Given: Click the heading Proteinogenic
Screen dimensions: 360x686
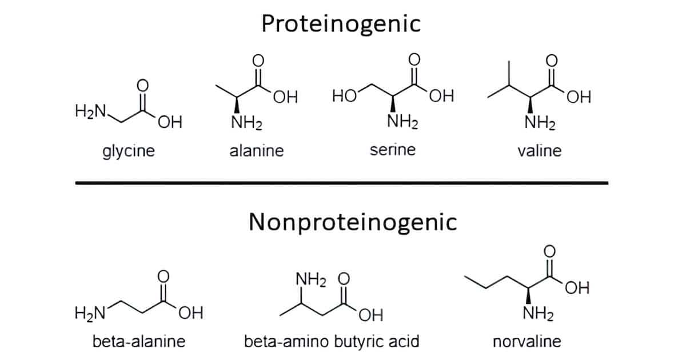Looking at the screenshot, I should (x=341, y=24).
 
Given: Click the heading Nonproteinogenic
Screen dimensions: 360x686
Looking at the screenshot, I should (x=353, y=222).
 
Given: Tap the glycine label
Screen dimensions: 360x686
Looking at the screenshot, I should (x=129, y=151).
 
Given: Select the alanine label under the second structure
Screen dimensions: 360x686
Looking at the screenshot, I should (x=257, y=151).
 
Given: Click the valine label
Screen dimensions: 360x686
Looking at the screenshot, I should (x=539, y=151).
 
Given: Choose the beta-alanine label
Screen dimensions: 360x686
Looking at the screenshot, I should (x=139, y=342).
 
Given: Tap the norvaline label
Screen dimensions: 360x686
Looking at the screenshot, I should (x=527, y=342).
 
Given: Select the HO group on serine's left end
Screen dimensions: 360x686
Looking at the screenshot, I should (x=344, y=95).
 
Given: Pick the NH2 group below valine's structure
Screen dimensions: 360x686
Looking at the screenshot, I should (x=539, y=123).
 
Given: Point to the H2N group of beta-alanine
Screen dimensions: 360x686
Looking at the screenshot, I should (x=89, y=313).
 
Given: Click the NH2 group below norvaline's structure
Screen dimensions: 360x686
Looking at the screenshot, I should (x=538, y=314).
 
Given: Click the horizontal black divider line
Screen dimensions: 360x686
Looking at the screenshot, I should (x=342, y=183).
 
